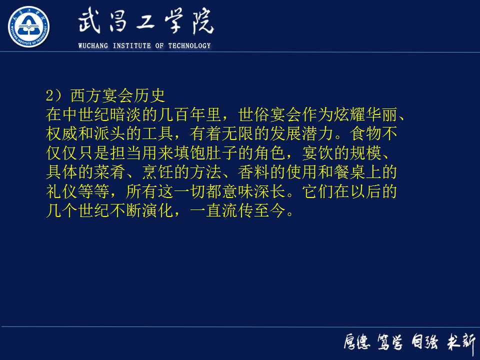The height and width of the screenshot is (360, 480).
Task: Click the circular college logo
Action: tap(28, 26)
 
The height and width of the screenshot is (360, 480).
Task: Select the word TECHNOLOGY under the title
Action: tap(189, 46)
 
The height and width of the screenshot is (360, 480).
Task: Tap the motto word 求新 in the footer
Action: tap(461, 343)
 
